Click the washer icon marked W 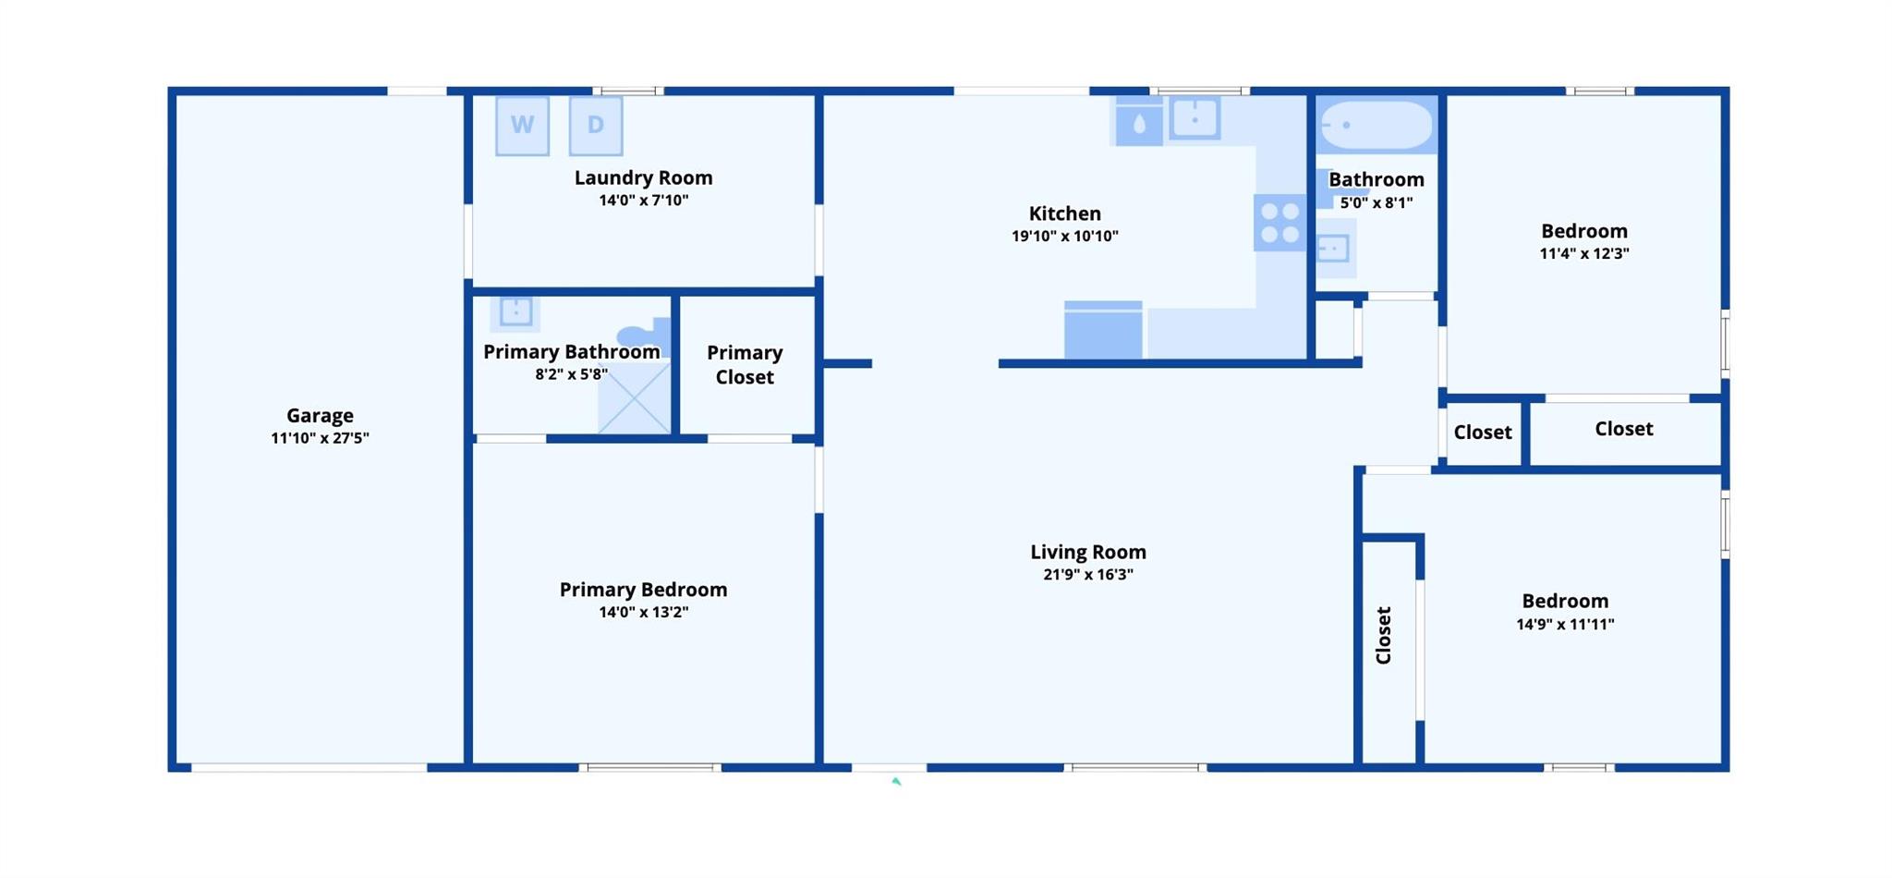[x=522, y=126]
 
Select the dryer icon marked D [x=596, y=126]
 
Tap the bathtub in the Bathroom [x=1376, y=125]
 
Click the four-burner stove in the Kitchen [x=1280, y=223]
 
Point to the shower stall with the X [x=635, y=398]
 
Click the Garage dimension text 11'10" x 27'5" [x=320, y=438]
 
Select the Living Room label [x=1088, y=552]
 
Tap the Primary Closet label [x=745, y=365]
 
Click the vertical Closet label [x=1383, y=635]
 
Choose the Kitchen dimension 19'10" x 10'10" [x=1064, y=237]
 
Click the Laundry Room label [x=643, y=177]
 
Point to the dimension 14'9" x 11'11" [x=1565, y=625]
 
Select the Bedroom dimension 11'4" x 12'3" [x=1583, y=254]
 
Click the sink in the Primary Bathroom [x=515, y=311]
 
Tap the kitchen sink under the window [x=1195, y=119]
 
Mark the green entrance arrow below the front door [x=895, y=782]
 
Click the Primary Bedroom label [x=643, y=590]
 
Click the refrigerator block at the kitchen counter [x=1103, y=330]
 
